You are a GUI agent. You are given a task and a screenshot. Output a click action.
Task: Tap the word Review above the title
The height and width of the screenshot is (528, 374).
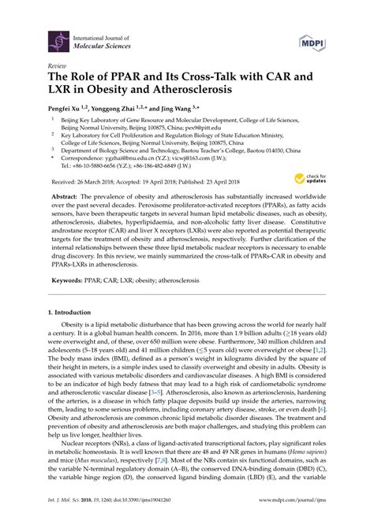click(x=58, y=66)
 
